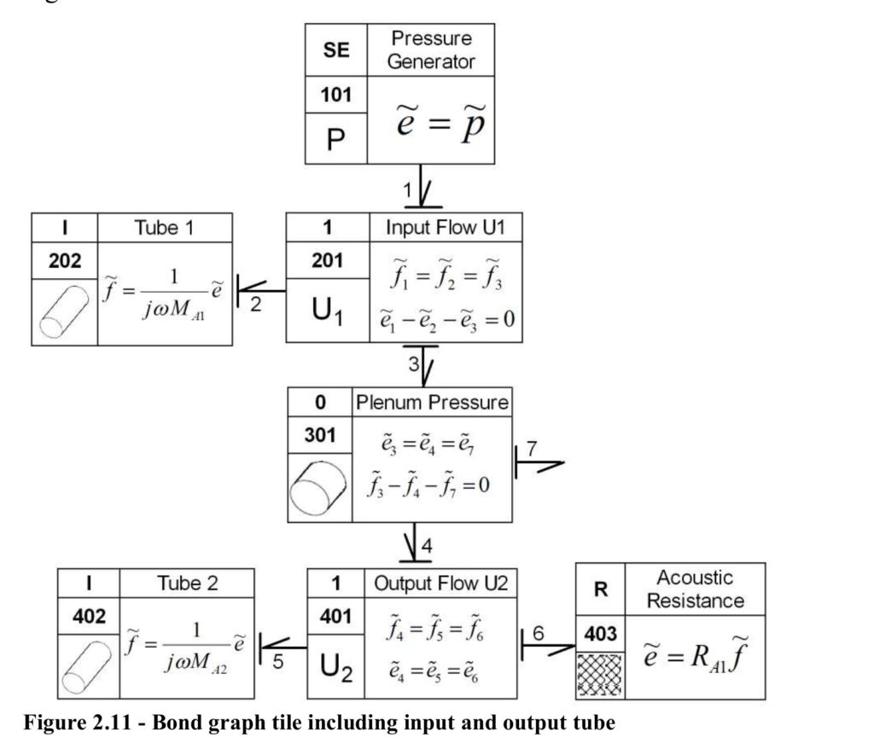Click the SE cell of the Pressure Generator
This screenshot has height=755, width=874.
click(336, 49)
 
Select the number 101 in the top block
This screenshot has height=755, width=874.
click(335, 95)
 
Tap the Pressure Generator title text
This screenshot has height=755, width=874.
click(431, 49)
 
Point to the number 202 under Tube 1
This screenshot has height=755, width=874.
click(65, 260)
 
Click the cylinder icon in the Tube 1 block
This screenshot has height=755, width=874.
click(65, 312)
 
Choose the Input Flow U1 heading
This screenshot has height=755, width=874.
click(446, 227)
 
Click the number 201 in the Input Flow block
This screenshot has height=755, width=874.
click(327, 260)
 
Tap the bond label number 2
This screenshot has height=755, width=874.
click(255, 305)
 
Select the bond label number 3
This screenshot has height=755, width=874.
click(414, 363)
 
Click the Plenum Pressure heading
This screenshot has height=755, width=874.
click(432, 403)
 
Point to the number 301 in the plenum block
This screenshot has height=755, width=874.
click(320, 434)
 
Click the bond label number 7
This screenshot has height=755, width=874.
click(532, 449)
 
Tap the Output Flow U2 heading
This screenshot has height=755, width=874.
click(441, 584)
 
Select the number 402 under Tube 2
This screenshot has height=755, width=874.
click(89, 616)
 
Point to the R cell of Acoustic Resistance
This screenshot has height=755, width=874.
click(600, 589)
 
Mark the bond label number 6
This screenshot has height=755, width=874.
click(538, 633)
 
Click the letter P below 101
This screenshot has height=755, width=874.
click(335, 139)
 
